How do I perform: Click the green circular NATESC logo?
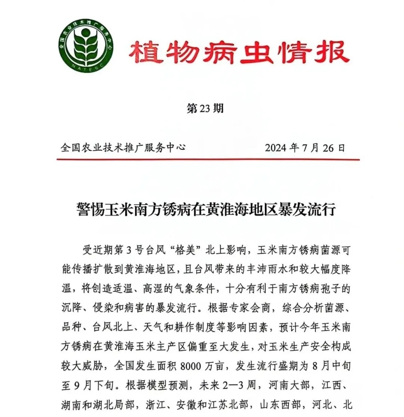pos(86,45)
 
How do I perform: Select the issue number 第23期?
pos(205,109)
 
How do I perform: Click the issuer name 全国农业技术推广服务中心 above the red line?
pos(123,148)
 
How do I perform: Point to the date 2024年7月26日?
pos(305,148)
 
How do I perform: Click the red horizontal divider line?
pos(208,159)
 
